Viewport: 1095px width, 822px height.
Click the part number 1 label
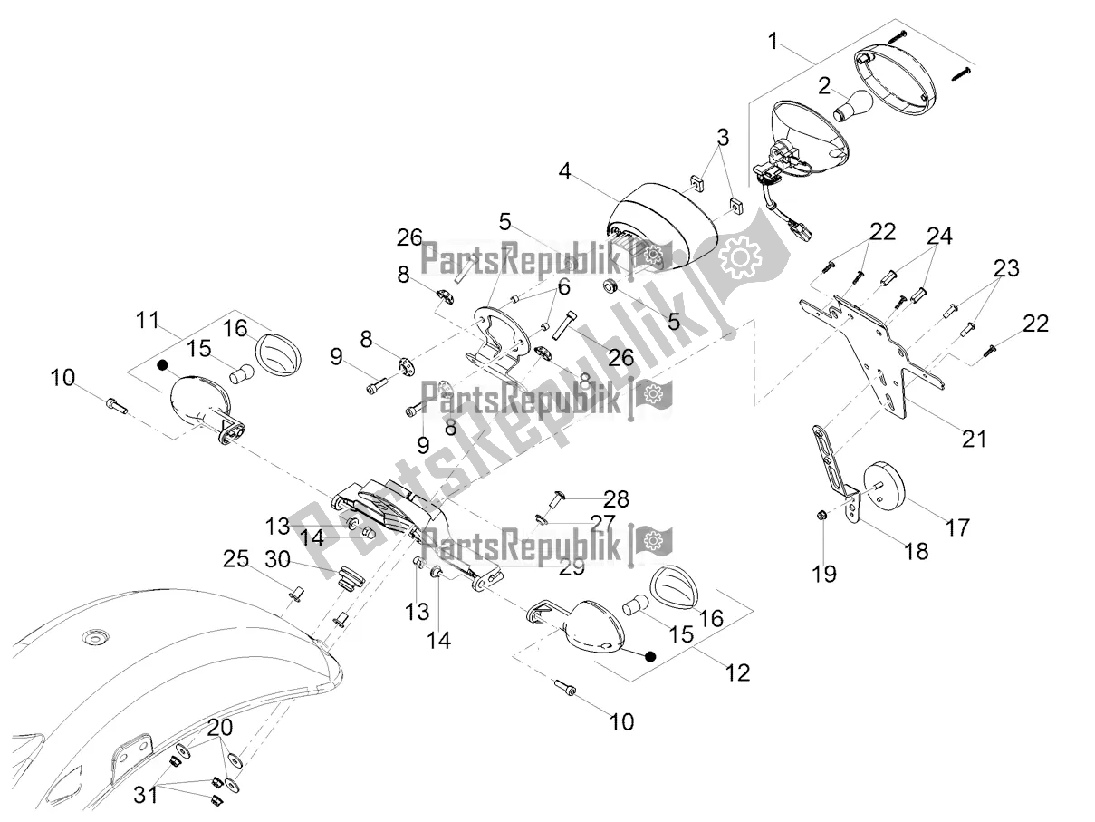pos(773,41)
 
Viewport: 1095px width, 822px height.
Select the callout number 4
pos(564,171)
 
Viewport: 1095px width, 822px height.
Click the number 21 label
pos(974,440)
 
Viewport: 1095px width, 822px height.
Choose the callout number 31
pos(146,795)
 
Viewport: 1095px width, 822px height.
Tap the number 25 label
pos(235,559)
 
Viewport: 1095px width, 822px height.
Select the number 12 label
pos(737,672)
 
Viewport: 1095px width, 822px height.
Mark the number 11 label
pos(148,320)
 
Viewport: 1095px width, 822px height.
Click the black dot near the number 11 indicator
pos(161,365)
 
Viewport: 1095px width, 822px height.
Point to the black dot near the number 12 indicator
pos(649,657)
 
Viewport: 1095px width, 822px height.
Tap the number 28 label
pos(617,499)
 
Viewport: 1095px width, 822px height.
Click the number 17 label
pos(957,527)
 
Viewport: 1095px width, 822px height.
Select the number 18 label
pos(917,551)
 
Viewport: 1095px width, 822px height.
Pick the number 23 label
pos(1006,268)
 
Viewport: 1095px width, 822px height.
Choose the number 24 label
pos(940,236)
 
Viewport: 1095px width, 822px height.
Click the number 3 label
pos(723,137)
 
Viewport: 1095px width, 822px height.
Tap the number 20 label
pos(220,728)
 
